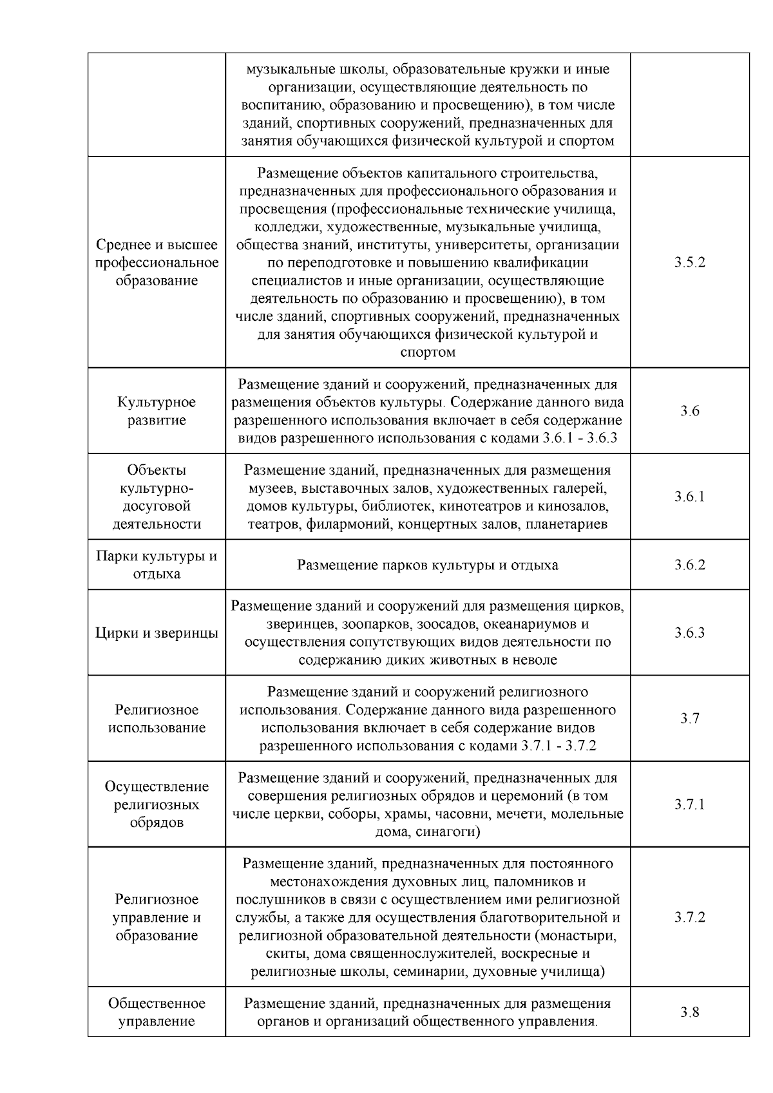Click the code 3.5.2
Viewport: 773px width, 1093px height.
(x=689, y=263)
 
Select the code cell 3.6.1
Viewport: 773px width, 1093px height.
(x=689, y=497)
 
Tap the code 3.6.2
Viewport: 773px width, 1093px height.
(x=689, y=565)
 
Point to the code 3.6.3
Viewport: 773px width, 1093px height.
(x=689, y=632)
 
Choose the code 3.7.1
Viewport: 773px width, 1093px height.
(x=689, y=804)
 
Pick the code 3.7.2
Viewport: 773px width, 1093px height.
(x=689, y=917)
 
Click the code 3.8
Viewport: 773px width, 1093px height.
(x=689, y=1012)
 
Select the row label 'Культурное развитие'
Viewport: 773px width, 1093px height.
(x=157, y=411)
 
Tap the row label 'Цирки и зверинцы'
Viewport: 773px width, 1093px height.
(x=157, y=632)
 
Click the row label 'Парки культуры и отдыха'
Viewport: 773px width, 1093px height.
(x=157, y=565)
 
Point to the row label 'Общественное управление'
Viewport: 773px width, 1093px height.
(x=157, y=1012)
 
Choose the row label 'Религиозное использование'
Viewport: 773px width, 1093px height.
(x=157, y=719)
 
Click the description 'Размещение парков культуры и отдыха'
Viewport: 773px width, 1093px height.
(x=428, y=566)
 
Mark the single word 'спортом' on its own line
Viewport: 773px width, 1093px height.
(x=428, y=352)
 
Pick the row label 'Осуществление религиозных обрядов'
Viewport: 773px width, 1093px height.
(x=157, y=804)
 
